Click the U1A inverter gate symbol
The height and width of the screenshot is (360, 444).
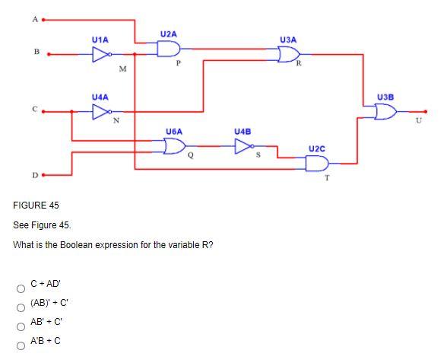[x=101, y=54]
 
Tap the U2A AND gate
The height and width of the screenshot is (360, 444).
[x=168, y=49]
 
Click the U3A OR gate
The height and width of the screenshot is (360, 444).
[x=288, y=54]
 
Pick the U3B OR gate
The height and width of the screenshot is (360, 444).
[x=385, y=113]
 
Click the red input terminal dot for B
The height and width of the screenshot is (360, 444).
[x=49, y=54]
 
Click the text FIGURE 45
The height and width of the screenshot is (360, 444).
[x=36, y=206]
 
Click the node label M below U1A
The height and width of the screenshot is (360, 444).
[x=122, y=71]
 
